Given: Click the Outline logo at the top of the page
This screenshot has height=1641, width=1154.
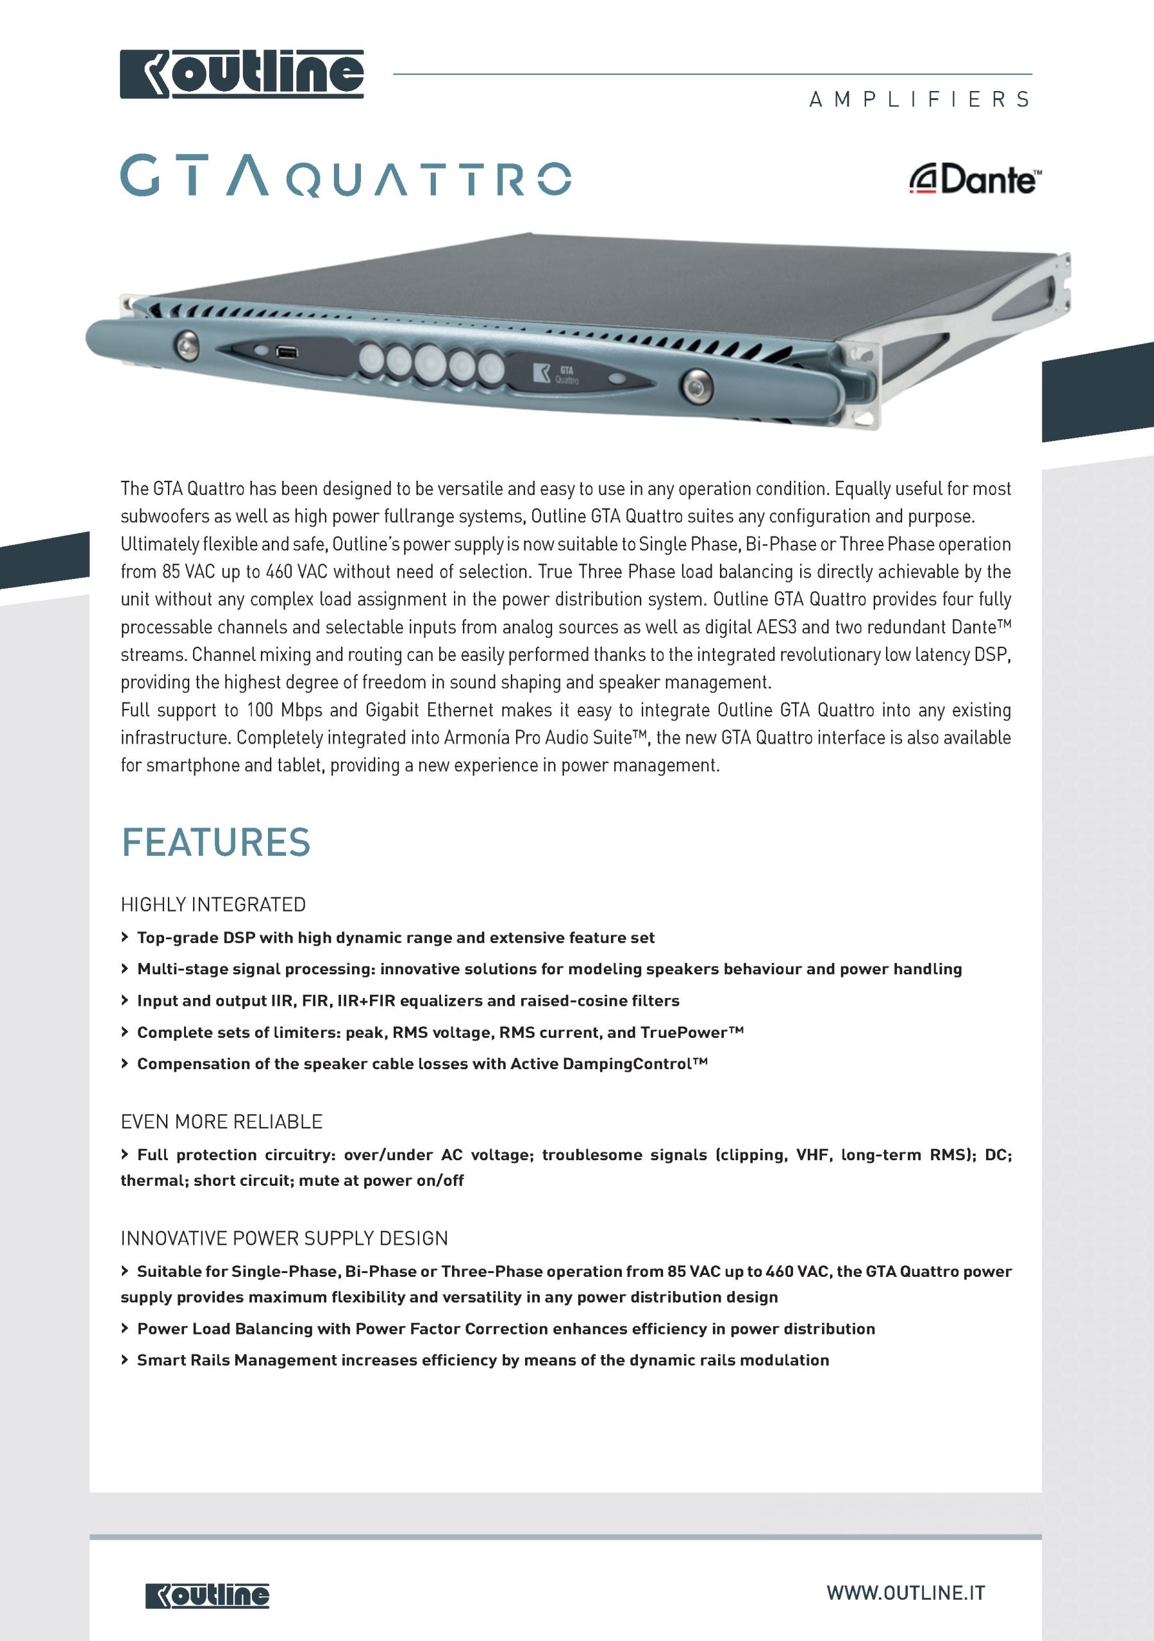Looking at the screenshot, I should click(x=242, y=74).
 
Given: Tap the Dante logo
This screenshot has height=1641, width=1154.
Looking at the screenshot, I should click(x=975, y=180).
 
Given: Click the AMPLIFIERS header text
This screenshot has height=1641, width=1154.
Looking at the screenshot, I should click(x=919, y=99).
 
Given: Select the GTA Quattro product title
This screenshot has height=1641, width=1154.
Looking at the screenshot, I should click(x=346, y=176).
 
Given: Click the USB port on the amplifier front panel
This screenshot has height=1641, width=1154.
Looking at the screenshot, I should click(x=286, y=352).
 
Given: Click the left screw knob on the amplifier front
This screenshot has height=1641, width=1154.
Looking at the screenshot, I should click(x=187, y=346).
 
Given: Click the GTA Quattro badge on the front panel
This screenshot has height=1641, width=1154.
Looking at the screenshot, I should click(x=558, y=374).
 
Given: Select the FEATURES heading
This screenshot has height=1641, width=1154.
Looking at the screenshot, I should click(x=216, y=842).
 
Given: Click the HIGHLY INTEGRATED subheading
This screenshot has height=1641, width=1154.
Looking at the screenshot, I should click(x=213, y=905).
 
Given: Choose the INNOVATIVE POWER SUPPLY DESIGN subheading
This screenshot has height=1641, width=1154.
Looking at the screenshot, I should click(x=284, y=1238).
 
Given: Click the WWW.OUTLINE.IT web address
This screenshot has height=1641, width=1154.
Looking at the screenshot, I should click(x=906, y=1592).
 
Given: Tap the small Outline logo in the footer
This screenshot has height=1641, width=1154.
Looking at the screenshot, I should click(x=207, y=1595).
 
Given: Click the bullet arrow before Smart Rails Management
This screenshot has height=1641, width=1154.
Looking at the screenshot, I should click(x=125, y=1360).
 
